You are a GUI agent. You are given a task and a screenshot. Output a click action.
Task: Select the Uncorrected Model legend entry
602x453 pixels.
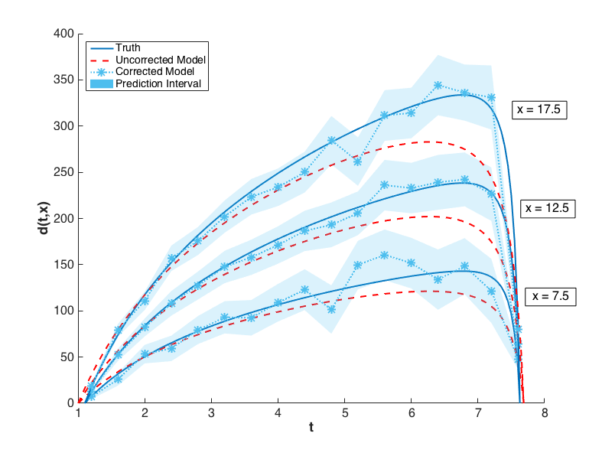point(161,59)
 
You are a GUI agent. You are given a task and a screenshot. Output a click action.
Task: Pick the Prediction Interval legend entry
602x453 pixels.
point(158,83)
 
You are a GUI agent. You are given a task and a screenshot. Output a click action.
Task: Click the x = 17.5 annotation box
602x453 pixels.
point(539,109)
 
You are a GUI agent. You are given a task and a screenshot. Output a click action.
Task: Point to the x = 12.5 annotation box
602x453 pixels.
point(548,207)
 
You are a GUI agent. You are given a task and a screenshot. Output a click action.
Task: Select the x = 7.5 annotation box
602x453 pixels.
point(550,296)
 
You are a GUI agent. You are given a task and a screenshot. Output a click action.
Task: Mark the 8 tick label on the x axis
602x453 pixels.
point(544,412)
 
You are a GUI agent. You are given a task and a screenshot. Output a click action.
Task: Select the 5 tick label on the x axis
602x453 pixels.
point(344,412)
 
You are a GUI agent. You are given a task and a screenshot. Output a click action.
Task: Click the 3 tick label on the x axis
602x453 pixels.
point(211,412)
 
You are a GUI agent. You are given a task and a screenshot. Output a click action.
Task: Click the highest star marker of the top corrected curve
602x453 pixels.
point(438,86)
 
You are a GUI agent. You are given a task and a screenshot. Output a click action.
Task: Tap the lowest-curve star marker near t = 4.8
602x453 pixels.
point(331,309)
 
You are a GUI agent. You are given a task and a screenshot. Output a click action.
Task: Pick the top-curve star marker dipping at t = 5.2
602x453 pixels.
point(358,161)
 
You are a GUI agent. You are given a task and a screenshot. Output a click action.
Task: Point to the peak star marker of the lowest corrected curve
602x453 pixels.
point(384,255)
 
